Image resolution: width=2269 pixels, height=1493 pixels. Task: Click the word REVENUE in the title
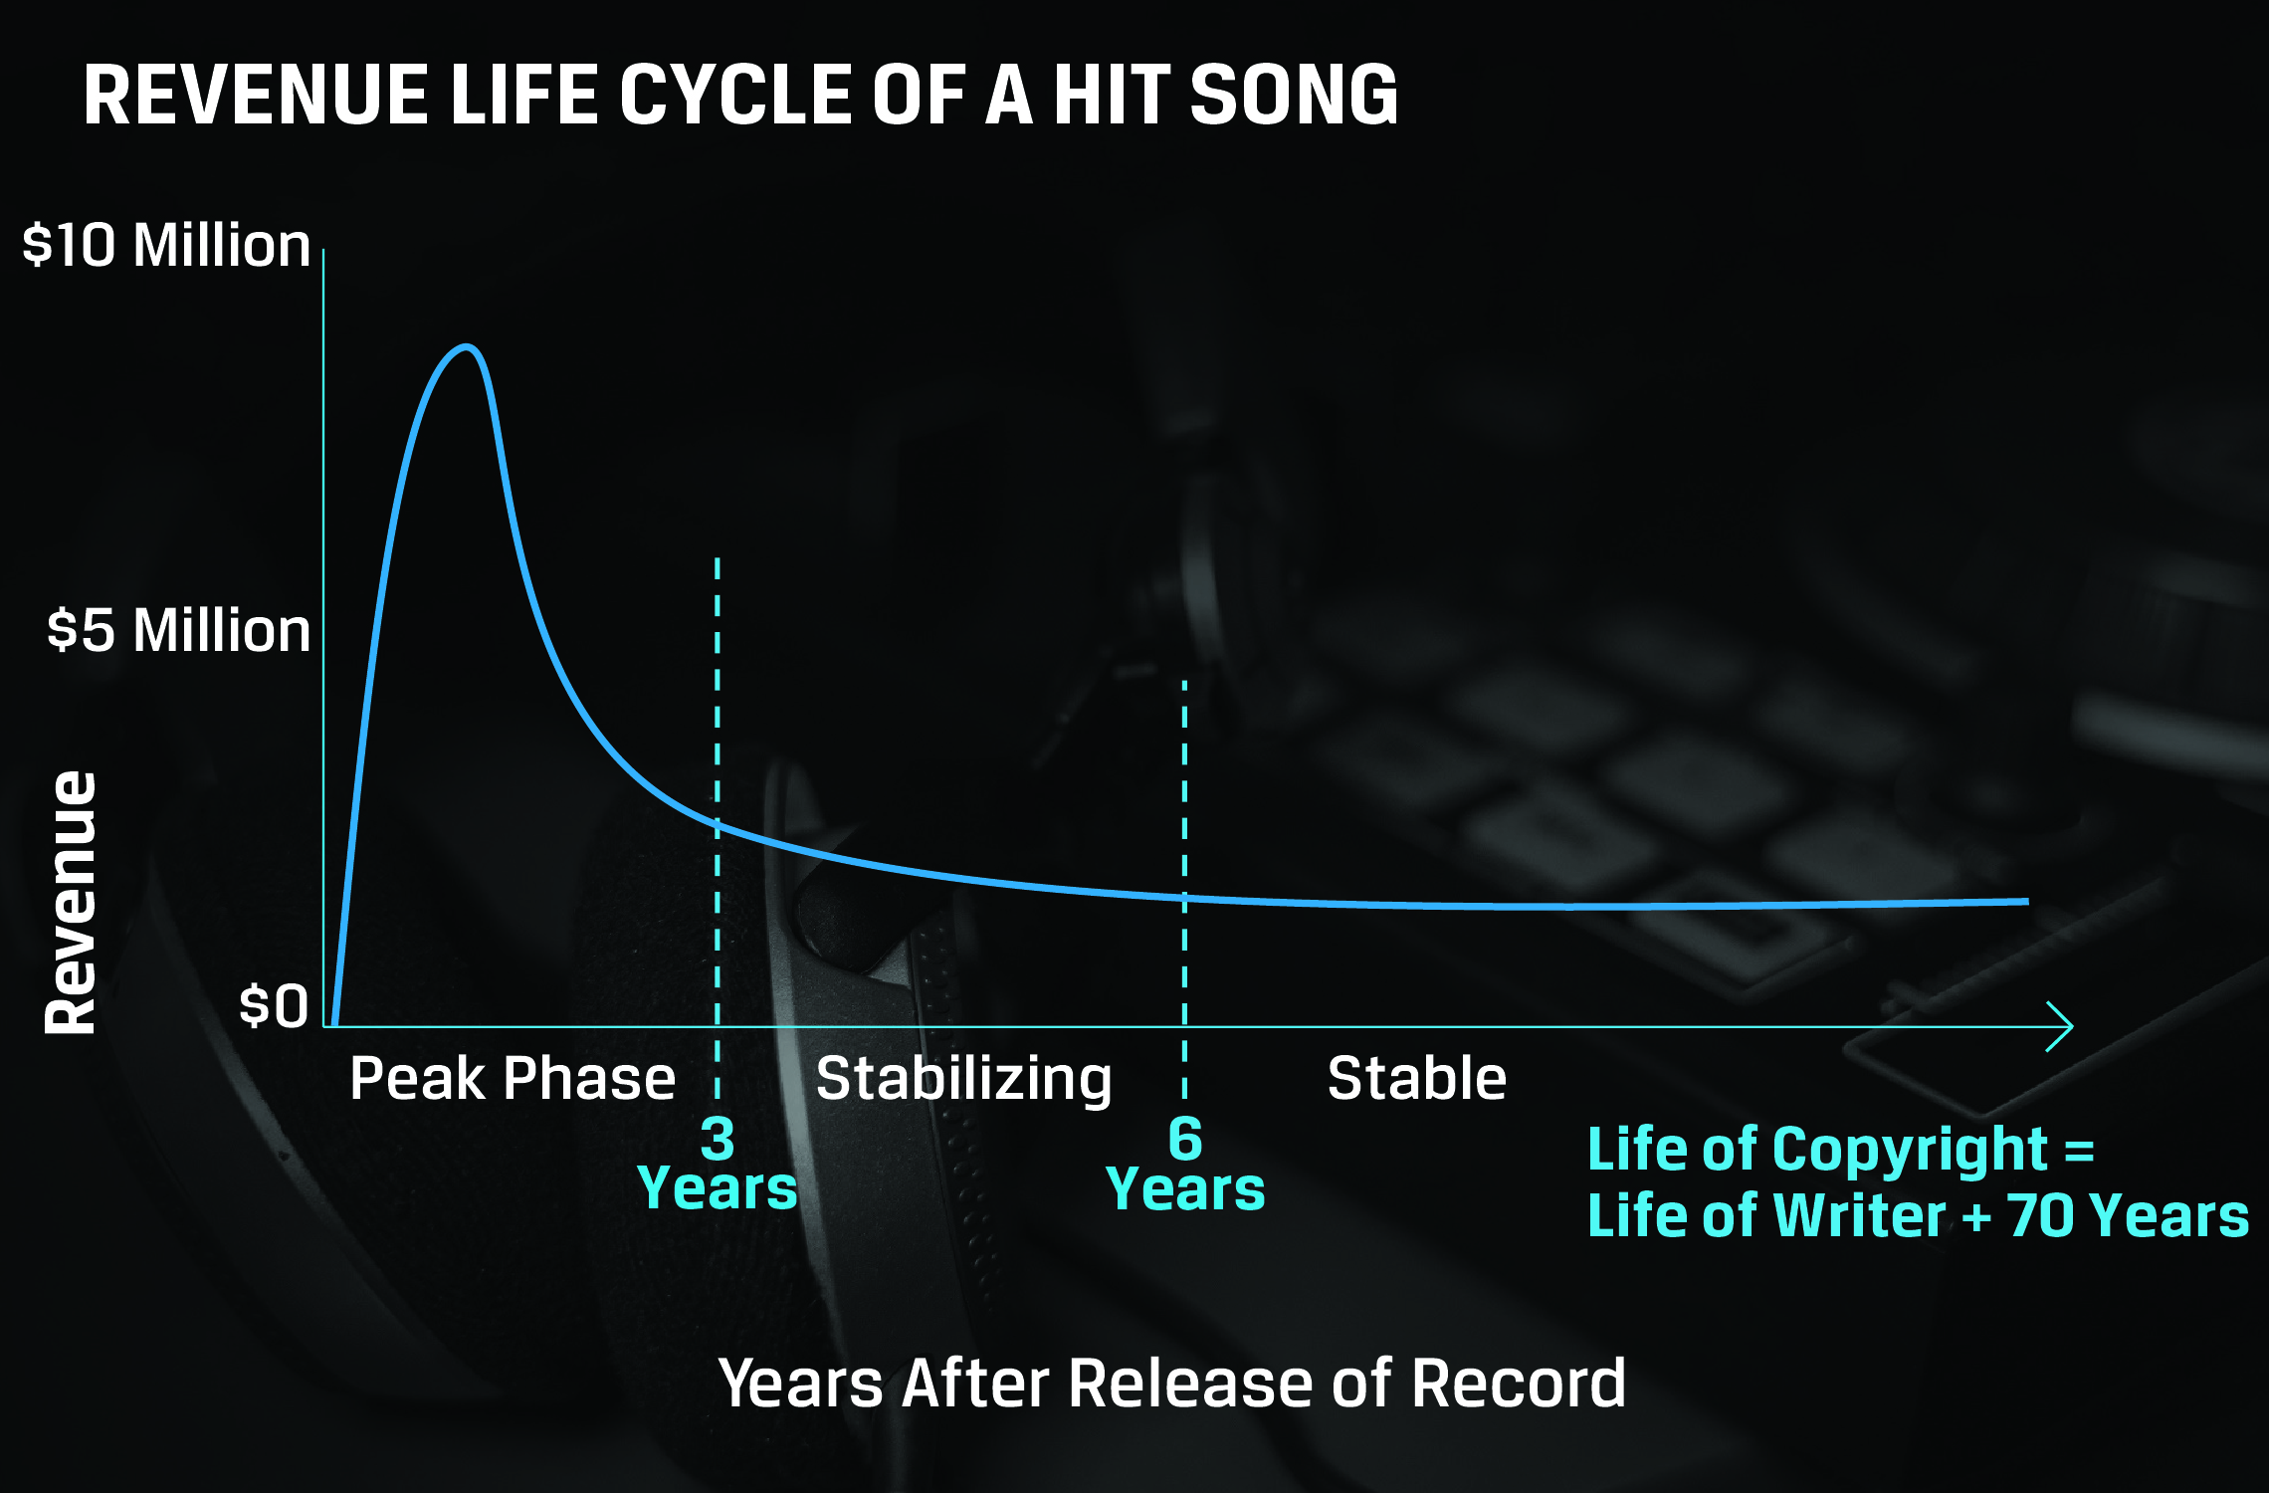click(x=257, y=95)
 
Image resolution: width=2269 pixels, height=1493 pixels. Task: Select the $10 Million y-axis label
click(x=166, y=245)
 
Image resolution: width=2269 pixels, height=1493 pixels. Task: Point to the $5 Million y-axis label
click(x=179, y=630)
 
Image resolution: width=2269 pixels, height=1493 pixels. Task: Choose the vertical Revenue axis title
click(x=71, y=903)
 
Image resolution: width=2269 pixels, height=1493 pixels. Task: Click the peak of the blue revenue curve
click(x=466, y=347)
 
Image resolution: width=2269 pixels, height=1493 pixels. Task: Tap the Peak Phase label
click(x=513, y=1078)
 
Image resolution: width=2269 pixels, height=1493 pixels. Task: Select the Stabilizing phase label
click(x=963, y=1080)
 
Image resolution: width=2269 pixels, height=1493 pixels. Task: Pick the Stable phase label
click(x=1417, y=1078)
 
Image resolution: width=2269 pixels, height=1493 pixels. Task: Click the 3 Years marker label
click(x=718, y=1164)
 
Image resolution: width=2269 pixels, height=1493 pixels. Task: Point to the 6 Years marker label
click(x=1185, y=1164)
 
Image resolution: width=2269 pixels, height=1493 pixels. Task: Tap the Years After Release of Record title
click(x=1172, y=1384)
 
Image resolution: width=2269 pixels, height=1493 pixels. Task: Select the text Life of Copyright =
click(x=1841, y=1150)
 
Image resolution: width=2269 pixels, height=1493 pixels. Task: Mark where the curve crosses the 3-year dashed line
click(x=718, y=823)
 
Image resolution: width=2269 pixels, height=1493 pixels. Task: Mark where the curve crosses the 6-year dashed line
click(x=1184, y=898)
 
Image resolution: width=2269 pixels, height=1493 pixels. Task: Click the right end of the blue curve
click(x=2027, y=901)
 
